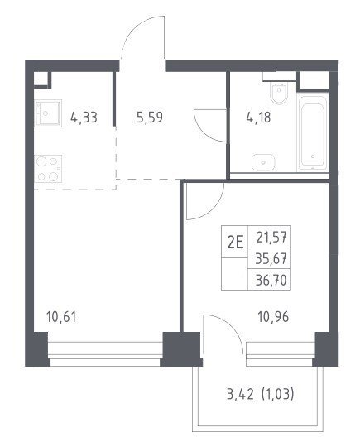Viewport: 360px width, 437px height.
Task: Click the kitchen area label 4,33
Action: pyautogui.click(x=84, y=118)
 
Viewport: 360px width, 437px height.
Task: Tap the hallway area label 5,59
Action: pyautogui.click(x=150, y=118)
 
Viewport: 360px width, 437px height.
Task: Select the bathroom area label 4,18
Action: pyautogui.click(x=258, y=118)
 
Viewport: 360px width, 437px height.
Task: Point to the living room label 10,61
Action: pyautogui.click(x=61, y=317)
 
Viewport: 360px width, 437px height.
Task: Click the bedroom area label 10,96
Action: pyautogui.click(x=274, y=317)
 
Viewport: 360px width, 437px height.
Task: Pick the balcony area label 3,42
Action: pyautogui.click(x=240, y=394)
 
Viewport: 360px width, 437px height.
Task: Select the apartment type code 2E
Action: pyautogui.click(x=235, y=243)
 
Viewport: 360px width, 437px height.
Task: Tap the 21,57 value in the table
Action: pyautogui.click(x=271, y=238)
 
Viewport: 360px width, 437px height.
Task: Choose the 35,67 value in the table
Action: pyautogui.click(x=271, y=259)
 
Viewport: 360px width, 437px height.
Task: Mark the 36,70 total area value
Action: pyautogui.click(x=271, y=280)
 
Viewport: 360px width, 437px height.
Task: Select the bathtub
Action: pyautogui.click(x=313, y=133)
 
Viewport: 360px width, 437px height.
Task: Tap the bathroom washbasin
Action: pyautogui.click(x=263, y=162)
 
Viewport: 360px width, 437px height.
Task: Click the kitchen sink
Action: pyautogui.click(x=48, y=113)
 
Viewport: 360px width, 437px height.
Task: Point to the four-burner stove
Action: pyautogui.click(x=48, y=169)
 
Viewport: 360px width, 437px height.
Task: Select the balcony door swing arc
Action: pyautogui.click(x=234, y=324)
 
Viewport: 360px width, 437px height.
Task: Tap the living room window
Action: pyautogui.click(x=105, y=353)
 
